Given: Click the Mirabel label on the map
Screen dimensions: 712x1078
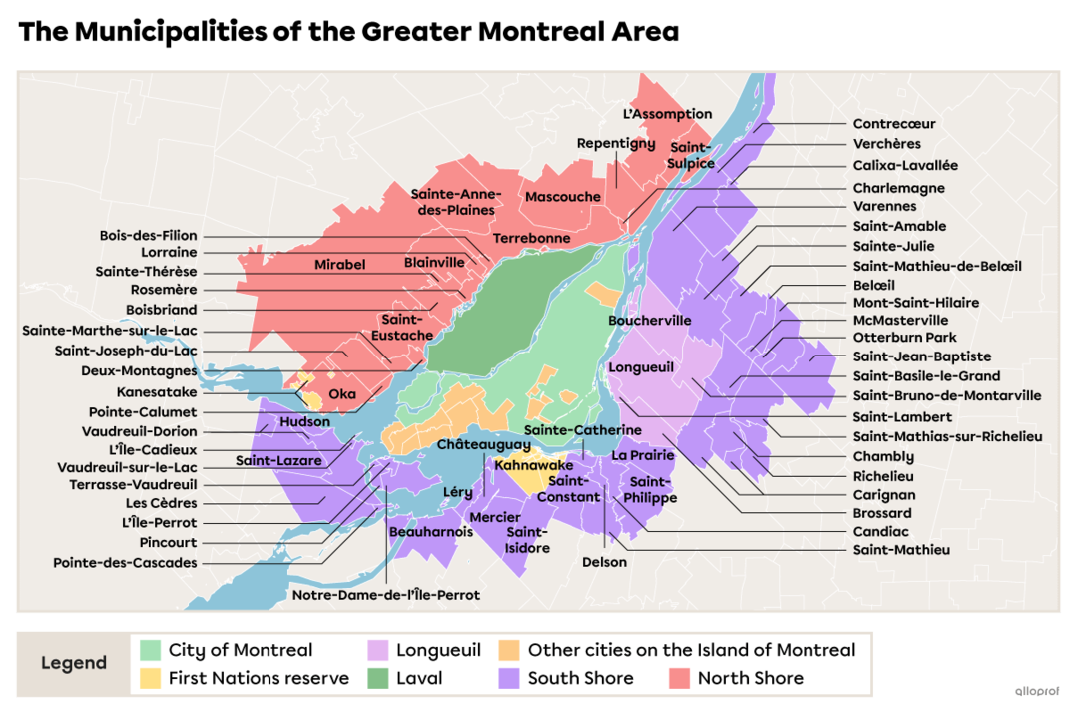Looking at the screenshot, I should [x=340, y=265].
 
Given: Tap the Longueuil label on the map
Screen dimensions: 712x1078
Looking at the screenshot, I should [x=641, y=367].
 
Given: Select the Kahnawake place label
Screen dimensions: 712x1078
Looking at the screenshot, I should [x=534, y=465].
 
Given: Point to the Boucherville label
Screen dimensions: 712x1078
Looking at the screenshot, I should [x=649, y=321].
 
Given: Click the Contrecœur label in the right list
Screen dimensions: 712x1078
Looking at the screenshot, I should [x=894, y=124].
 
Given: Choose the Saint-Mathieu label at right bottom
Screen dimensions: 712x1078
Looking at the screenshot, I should [x=901, y=549].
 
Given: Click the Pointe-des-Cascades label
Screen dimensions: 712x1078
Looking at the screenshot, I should [x=125, y=563].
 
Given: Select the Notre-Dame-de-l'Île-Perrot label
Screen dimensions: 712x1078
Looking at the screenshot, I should [x=386, y=595].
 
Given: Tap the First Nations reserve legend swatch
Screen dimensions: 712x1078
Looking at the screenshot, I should [x=150, y=678].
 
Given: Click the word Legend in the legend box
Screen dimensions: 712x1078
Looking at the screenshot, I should [x=74, y=664].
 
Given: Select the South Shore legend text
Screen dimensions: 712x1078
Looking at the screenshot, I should [x=580, y=678].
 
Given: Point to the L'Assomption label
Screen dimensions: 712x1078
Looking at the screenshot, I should [x=667, y=114].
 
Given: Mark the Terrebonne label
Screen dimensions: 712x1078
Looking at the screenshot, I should [x=531, y=239].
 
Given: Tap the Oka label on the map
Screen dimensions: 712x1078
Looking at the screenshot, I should [x=342, y=394].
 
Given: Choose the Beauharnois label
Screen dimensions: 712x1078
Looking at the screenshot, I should [x=431, y=532].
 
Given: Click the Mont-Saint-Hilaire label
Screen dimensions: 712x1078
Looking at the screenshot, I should [x=915, y=303].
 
